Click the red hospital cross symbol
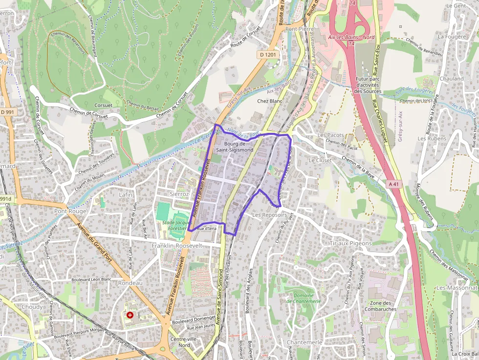(130, 315)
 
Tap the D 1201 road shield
(268, 55)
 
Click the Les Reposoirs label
(269, 215)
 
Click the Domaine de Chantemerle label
(304, 298)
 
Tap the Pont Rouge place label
(70, 212)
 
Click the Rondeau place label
(130, 283)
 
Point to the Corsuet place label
(103, 105)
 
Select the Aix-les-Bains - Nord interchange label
(351, 38)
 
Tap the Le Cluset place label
(320, 160)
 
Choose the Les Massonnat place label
(457, 288)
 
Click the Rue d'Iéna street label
(206, 229)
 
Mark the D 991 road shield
(8, 112)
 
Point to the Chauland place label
(451, 79)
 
